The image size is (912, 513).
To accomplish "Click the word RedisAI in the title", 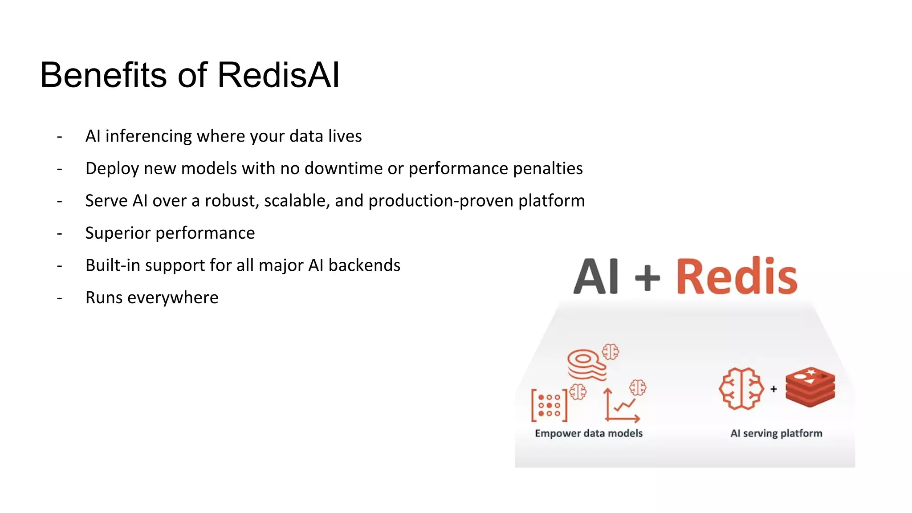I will (x=278, y=75).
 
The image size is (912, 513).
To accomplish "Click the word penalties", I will (x=548, y=168).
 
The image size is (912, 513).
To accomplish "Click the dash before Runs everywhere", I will (x=59, y=298).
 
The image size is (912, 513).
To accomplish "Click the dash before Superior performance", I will (x=59, y=233).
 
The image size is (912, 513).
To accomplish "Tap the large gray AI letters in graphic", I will (x=596, y=277).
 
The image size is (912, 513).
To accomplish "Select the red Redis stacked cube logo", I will (x=810, y=387).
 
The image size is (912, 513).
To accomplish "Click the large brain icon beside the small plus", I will (x=741, y=388).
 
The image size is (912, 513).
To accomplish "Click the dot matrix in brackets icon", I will (x=549, y=405).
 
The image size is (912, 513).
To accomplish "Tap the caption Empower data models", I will (x=588, y=433).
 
